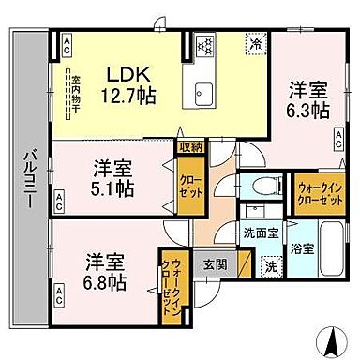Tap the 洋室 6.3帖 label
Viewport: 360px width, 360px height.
(x=307, y=100)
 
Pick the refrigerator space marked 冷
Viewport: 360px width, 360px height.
(x=255, y=42)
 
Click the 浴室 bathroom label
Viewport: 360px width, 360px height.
(x=302, y=250)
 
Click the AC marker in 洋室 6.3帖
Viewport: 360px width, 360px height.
(x=338, y=140)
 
